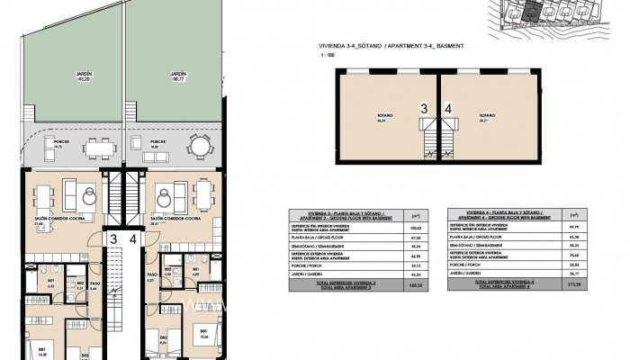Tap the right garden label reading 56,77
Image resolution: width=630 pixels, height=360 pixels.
(x=178, y=79)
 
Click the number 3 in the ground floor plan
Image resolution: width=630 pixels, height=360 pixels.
(x=114, y=238)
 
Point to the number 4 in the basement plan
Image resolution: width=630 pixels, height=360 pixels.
(x=448, y=108)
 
